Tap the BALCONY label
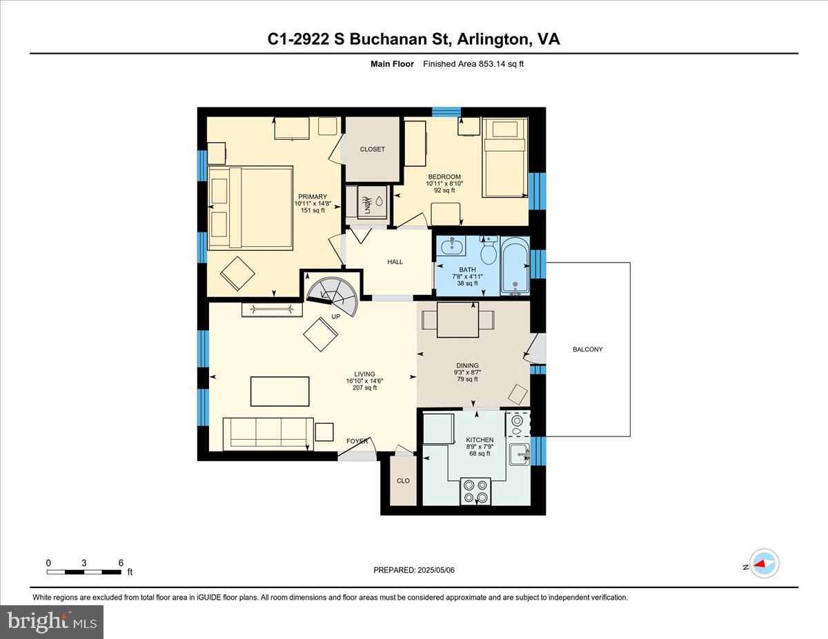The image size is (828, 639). coord(587,349)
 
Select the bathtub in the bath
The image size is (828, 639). coord(515,266)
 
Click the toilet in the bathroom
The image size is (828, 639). coord(489,251)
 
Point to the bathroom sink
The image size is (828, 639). coord(455,246)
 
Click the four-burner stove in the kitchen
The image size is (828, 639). coord(475,491)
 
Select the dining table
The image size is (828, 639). coord(458,320)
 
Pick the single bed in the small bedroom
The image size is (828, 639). coord(504,157)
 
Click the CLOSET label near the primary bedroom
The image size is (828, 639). coord(373,150)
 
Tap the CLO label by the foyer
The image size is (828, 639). coord(403,480)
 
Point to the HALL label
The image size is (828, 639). coord(395,262)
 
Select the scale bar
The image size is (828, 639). coord(84,571)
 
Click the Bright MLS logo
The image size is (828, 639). coord(52,622)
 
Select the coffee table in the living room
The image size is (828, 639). coord(279,391)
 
